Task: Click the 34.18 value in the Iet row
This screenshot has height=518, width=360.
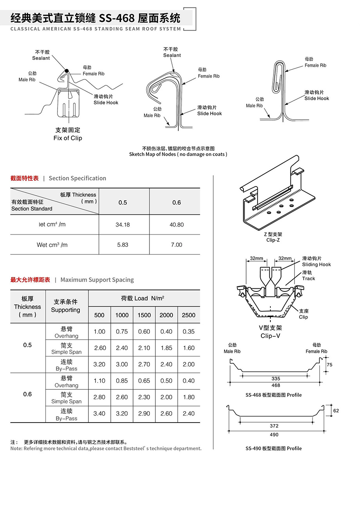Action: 122,225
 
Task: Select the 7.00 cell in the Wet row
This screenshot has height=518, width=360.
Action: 176,245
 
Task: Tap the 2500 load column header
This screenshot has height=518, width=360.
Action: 189,315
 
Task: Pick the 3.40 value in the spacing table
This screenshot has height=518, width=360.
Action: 99,414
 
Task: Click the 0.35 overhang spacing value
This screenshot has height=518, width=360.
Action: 189,331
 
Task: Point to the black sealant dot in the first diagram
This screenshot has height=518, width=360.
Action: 67,71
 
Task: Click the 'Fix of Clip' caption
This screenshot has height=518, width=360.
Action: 68,138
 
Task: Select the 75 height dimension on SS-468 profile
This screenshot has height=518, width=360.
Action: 329,365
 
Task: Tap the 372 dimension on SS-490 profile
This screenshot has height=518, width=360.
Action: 274,426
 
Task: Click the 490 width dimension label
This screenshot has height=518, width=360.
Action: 274,435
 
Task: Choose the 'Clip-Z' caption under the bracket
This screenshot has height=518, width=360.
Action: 273,240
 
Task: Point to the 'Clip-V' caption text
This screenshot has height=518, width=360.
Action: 270,336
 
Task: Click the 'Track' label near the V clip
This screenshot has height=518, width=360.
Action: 308,279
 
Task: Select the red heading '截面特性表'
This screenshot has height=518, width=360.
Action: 25,178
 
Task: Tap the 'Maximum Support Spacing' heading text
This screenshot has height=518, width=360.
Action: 97,280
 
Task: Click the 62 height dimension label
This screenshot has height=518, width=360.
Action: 336,411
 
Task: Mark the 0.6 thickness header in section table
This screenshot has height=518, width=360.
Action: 176,202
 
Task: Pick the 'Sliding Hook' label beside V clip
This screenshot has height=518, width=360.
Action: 316,264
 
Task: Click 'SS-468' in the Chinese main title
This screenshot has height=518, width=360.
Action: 117,18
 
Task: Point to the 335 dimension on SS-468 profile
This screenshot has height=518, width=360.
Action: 276,379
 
